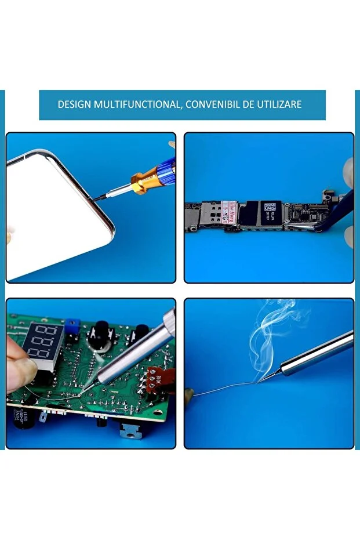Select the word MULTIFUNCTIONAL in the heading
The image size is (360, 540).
[x=135, y=105]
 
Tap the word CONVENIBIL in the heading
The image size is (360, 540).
[x=217, y=105]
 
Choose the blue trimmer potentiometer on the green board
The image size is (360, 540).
[x=72, y=325]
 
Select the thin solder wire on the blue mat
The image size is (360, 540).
[x=226, y=387]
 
